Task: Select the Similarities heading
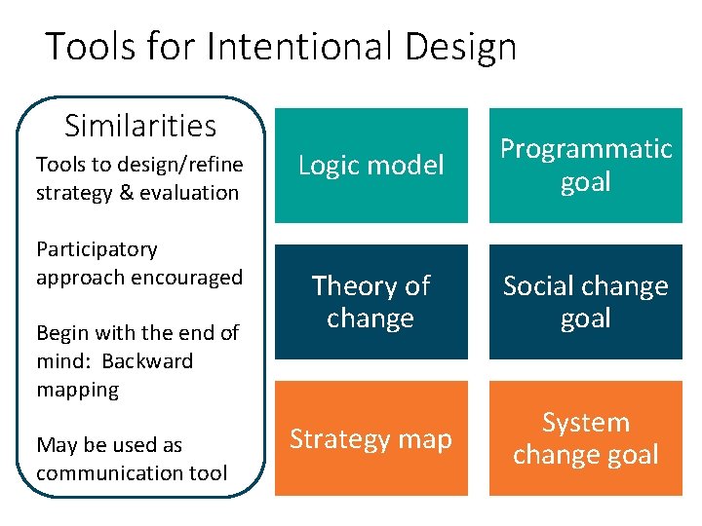pyautogui.click(x=140, y=126)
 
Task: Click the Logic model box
pyautogui.click(x=370, y=166)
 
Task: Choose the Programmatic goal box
pyautogui.click(x=585, y=166)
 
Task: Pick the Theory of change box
pyautogui.click(x=370, y=302)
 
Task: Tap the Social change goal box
pyautogui.click(x=585, y=302)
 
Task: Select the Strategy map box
pyautogui.click(x=370, y=439)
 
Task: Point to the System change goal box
pyautogui.click(x=585, y=439)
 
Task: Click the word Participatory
pyautogui.click(x=97, y=249)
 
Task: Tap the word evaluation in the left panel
pyautogui.click(x=191, y=193)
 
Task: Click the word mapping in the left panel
pyautogui.click(x=77, y=390)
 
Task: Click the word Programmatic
pyautogui.click(x=586, y=149)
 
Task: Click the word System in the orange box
pyautogui.click(x=586, y=423)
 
